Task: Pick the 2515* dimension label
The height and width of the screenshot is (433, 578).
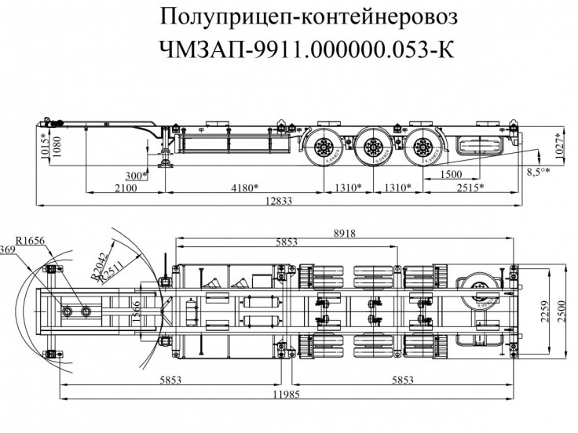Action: click(x=469, y=187)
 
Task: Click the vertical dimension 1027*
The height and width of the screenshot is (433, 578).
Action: click(x=560, y=144)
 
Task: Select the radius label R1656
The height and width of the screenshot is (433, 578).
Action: click(x=30, y=240)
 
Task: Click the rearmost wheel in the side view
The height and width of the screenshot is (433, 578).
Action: click(x=423, y=147)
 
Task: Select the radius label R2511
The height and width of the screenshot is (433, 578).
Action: click(x=111, y=267)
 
